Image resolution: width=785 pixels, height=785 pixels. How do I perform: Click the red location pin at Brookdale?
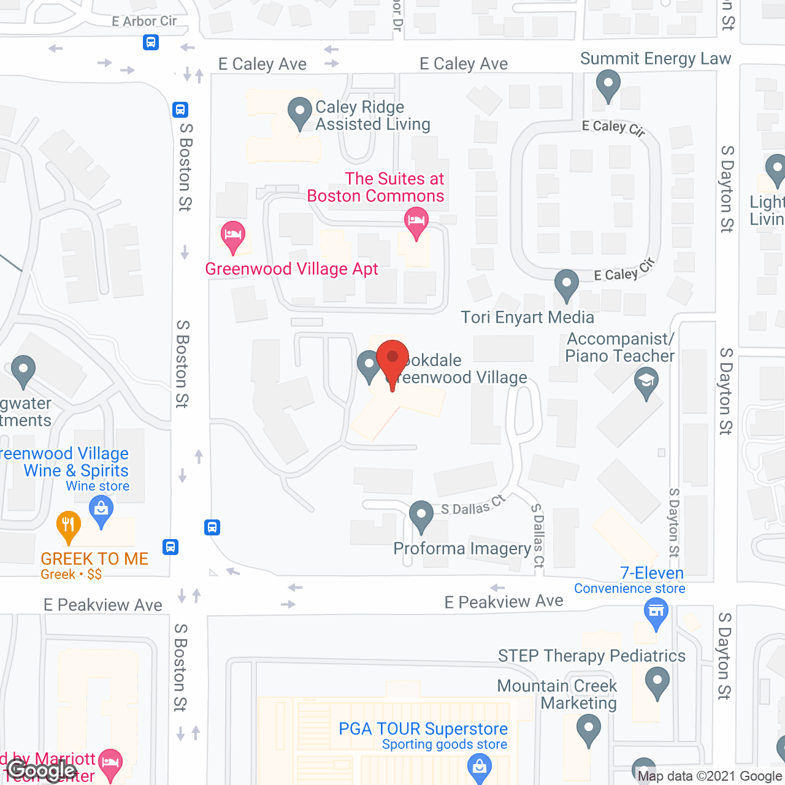point(392,362)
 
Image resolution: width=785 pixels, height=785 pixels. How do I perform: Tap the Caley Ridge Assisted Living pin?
point(300,113)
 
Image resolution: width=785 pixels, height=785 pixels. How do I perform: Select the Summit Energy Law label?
point(656,59)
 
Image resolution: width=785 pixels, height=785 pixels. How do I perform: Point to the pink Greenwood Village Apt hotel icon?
point(233,236)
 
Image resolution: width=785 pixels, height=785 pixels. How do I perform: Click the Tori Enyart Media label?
point(527,317)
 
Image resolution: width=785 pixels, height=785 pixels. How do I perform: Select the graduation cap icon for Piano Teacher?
point(646,383)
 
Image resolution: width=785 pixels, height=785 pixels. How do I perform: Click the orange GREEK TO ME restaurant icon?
point(69,526)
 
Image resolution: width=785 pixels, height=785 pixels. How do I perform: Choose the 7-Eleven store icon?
point(656,613)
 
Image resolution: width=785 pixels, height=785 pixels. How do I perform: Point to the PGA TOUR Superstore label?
point(423,729)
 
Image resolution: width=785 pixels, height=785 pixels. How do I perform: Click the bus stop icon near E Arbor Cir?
point(151,42)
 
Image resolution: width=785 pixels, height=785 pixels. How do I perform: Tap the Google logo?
point(42,770)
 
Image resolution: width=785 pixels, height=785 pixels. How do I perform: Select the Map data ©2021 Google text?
point(710,776)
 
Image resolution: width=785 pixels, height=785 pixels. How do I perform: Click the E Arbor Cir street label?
point(144,21)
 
